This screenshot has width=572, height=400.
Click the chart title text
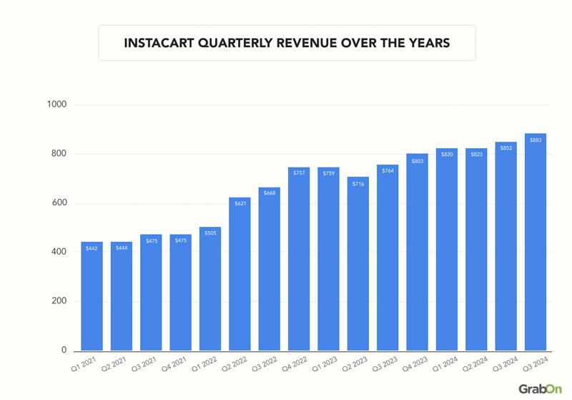pyautogui.click(x=287, y=43)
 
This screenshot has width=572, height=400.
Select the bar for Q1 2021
pyautogui.click(x=92, y=296)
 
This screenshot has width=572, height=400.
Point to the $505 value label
pyautogui.click(x=210, y=233)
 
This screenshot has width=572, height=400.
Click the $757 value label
pyautogui.click(x=299, y=172)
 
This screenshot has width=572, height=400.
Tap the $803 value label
pyautogui.click(x=417, y=162)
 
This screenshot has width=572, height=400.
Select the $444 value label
pyautogui.click(x=122, y=248)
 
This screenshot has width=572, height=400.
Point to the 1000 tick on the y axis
pyautogui.click(x=56, y=105)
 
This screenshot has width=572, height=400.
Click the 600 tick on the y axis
pyautogui.click(x=59, y=203)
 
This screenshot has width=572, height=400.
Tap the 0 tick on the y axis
pyautogui.click(x=64, y=351)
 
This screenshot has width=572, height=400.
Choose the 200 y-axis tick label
pyautogui.click(x=59, y=301)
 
